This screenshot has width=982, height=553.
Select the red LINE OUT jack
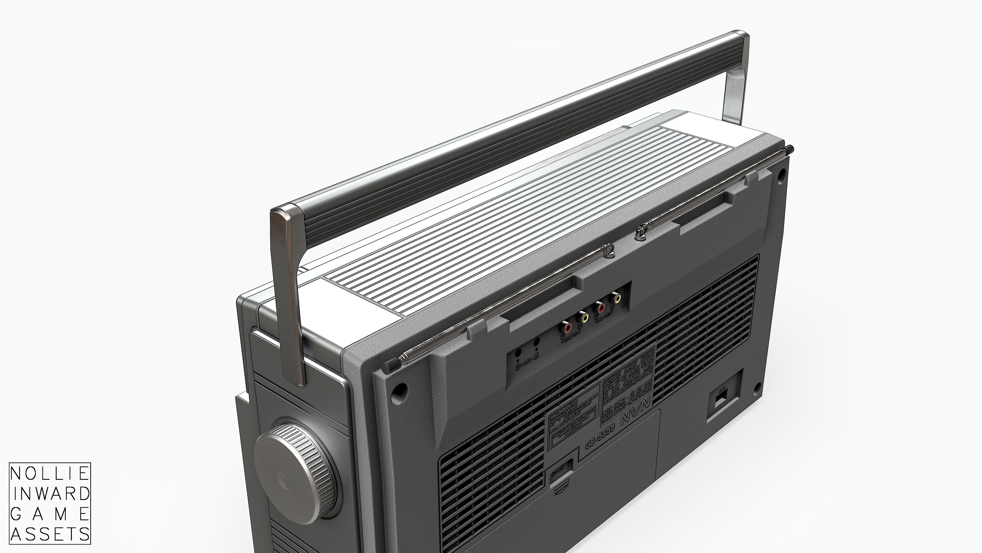coord(600,307)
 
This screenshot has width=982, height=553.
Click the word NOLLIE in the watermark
coord(50,474)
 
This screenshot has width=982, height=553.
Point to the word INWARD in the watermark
coord(50,494)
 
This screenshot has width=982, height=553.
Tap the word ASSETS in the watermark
coord(50,534)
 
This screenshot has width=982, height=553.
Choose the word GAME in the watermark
coord(50,514)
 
